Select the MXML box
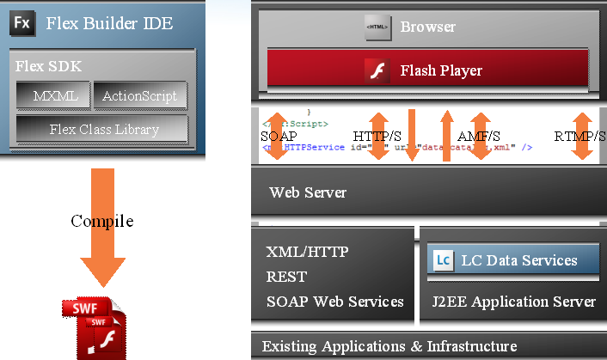53,96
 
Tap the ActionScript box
139,96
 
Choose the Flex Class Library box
103,129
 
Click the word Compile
101,221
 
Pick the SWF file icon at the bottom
97,326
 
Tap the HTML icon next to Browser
378,27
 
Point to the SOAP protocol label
279,136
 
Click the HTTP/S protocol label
377,136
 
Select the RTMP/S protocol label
579,136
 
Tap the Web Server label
308,192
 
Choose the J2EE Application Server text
513,301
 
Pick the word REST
285,277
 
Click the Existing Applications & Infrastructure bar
389,346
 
